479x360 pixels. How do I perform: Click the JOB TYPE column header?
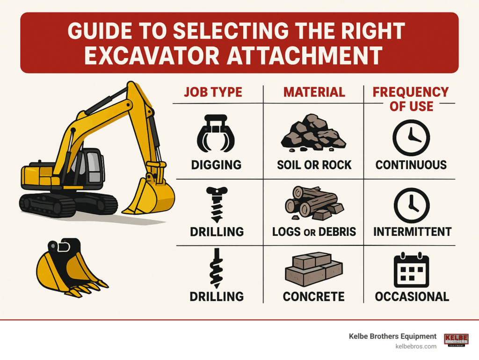click(213, 92)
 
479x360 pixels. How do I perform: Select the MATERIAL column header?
click(314, 92)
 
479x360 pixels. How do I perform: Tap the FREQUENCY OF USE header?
click(411, 99)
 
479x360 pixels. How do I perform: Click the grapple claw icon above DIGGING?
click(216, 133)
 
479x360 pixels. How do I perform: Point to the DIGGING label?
click(216, 165)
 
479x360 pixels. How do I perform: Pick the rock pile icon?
click(313, 133)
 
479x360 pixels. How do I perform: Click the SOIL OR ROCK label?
click(314, 165)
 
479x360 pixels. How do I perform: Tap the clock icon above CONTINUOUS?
click(411, 138)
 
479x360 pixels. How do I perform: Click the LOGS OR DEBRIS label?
click(314, 232)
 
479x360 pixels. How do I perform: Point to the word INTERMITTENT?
click(413, 232)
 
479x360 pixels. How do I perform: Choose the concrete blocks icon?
click(314, 269)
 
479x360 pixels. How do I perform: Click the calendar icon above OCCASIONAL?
click(412, 270)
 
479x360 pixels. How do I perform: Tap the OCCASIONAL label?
click(412, 296)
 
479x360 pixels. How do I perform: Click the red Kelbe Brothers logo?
click(456, 340)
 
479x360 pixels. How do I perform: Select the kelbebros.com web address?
click(416, 346)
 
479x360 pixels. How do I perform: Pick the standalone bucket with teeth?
click(72, 267)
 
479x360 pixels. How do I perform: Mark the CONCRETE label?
click(314, 296)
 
